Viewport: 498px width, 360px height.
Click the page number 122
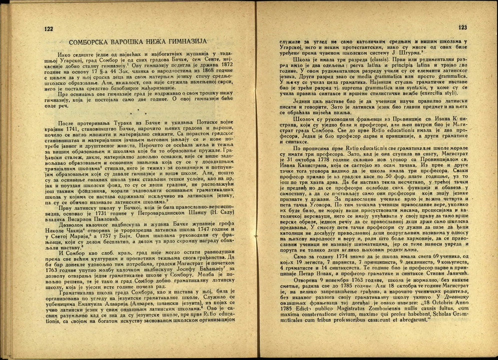48,29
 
